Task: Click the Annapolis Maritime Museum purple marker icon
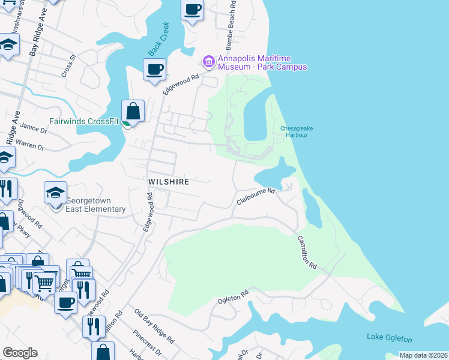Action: coord(209,61)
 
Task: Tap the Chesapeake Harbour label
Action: coord(294,131)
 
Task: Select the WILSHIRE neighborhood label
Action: coord(169,181)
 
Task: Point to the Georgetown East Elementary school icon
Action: coord(55,193)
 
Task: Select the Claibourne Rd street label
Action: coord(255,196)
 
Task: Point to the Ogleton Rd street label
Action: coord(233,297)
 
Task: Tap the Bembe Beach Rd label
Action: coord(231,25)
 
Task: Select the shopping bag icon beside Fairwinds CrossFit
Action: coord(133,111)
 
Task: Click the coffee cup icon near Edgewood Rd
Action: coord(154,70)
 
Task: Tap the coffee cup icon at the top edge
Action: coord(193,10)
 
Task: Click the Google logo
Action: coord(20,352)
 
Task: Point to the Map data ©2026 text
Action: coord(423,355)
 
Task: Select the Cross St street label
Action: coord(69,67)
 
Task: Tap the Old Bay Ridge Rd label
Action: coord(155,328)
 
